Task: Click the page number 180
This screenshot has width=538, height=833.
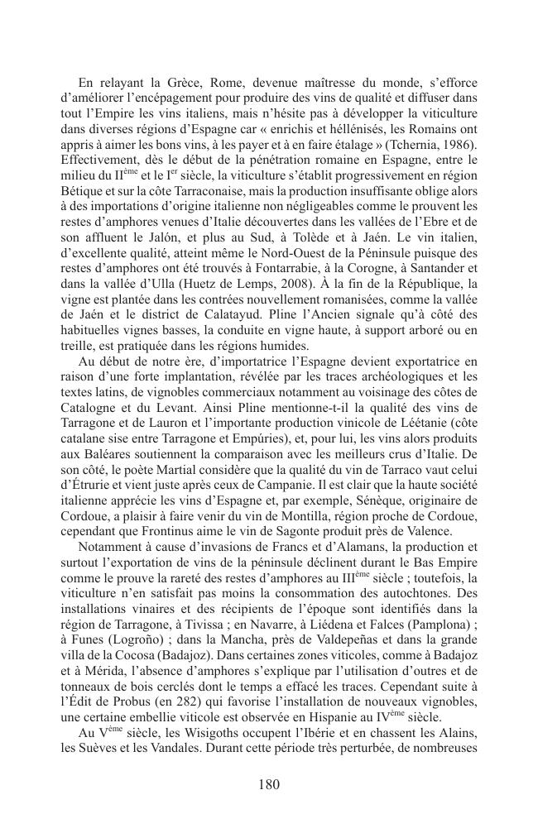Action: (268, 785)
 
